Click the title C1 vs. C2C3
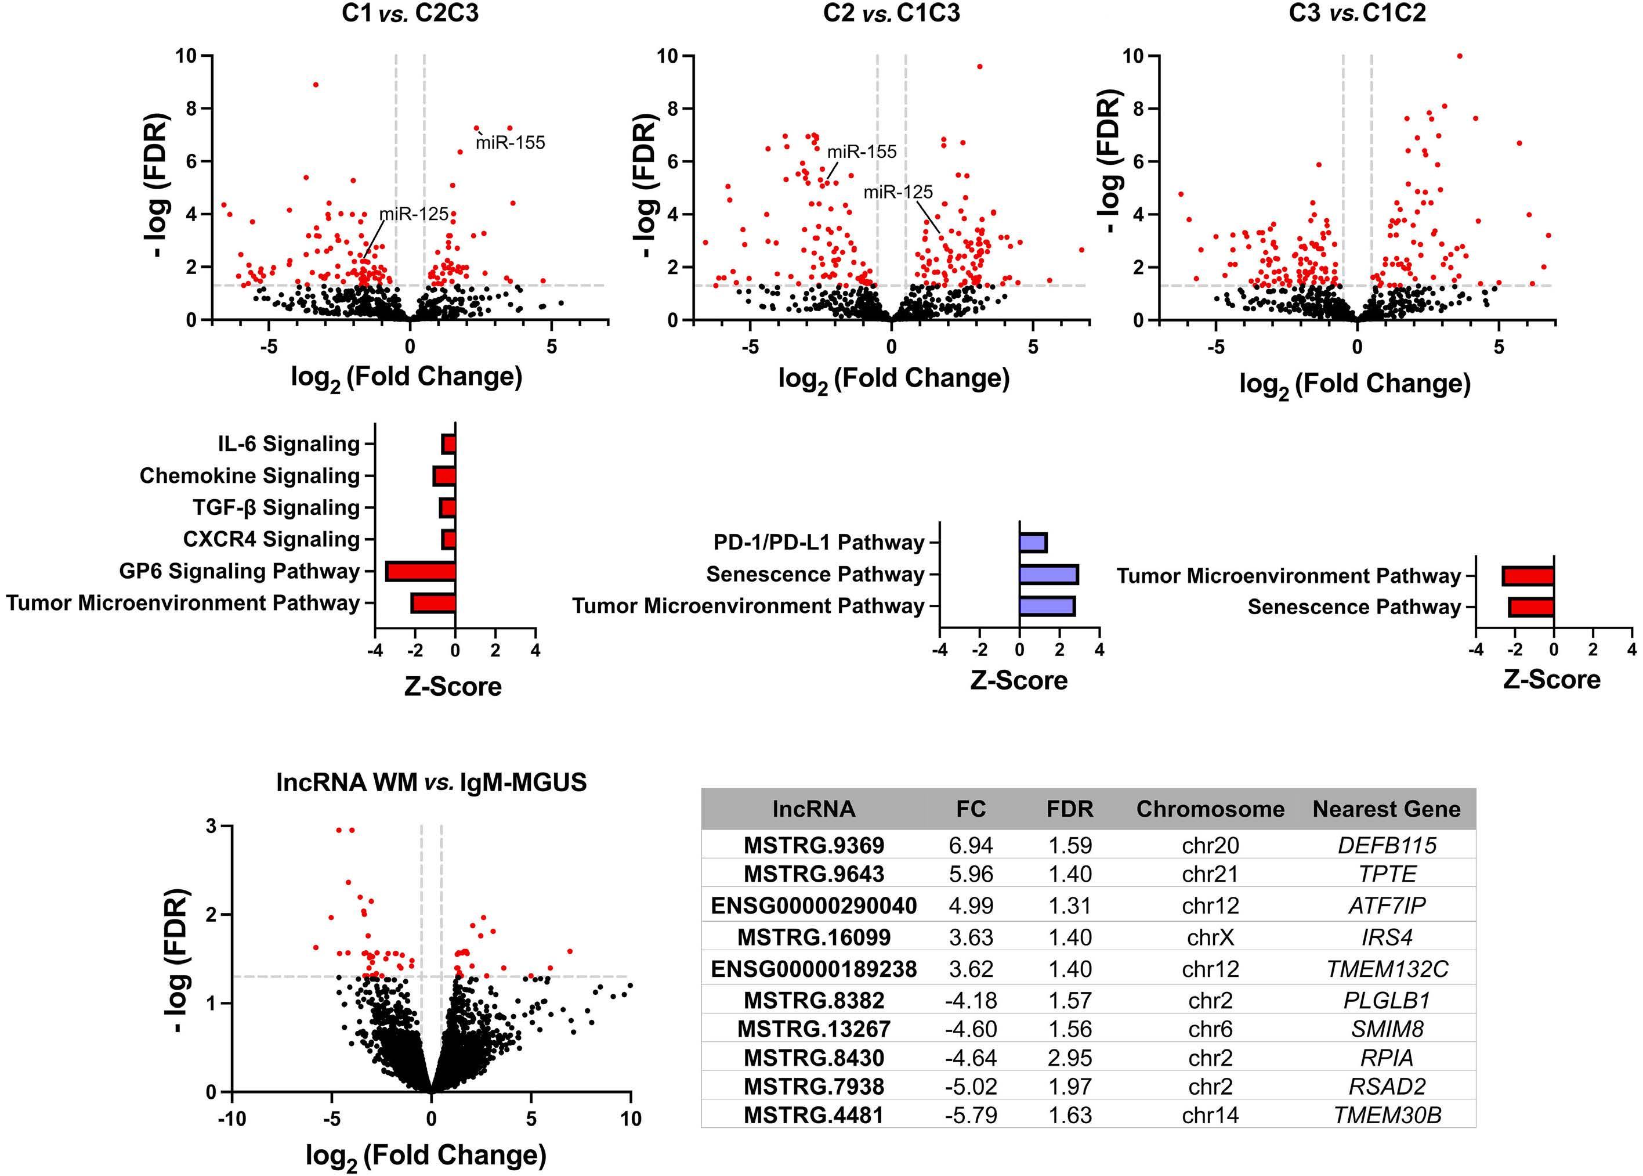(410, 14)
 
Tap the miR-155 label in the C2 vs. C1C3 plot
(862, 152)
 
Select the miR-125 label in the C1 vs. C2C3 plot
(414, 214)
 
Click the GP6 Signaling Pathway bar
(421, 571)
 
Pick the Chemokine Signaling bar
(444, 476)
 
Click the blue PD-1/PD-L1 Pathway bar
(1033, 542)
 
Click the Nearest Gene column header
(1386, 809)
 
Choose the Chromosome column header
(1210, 809)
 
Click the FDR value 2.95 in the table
(1070, 1058)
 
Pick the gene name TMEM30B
(1387, 1115)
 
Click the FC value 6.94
(971, 845)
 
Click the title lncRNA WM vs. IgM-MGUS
(432, 783)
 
